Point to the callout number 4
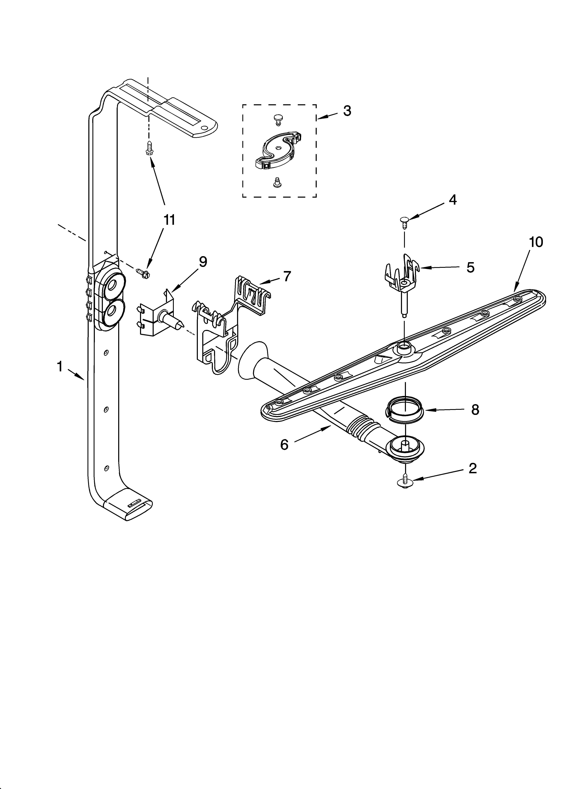[452, 200]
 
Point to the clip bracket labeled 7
[223, 324]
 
